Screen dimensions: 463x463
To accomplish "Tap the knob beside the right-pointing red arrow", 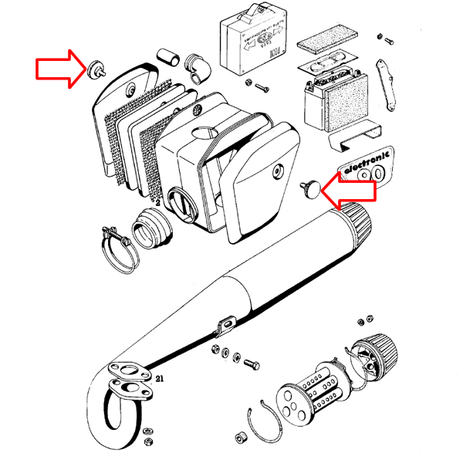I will tap(97, 67).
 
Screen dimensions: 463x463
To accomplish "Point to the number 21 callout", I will tap(160, 379).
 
